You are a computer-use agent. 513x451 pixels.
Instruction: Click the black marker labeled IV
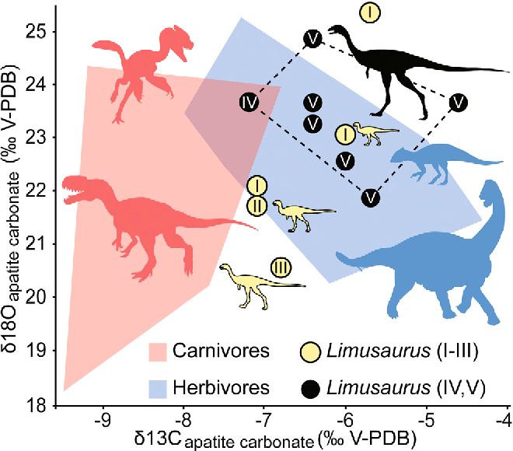click(x=249, y=102)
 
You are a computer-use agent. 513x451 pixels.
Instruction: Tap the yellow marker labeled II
click(x=257, y=205)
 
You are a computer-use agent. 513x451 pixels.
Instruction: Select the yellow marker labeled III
click(x=281, y=268)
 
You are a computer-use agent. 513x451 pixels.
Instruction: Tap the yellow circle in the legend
click(x=313, y=351)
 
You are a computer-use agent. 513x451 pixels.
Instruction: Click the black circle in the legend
click(x=313, y=387)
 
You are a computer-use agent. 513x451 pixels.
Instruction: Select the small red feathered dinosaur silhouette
click(x=148, y=66)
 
